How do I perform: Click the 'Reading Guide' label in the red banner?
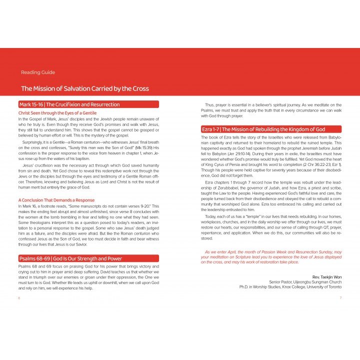(38, 72)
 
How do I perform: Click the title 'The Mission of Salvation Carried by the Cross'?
(84, 88)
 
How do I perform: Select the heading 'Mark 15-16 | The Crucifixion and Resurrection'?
(69, 104)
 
